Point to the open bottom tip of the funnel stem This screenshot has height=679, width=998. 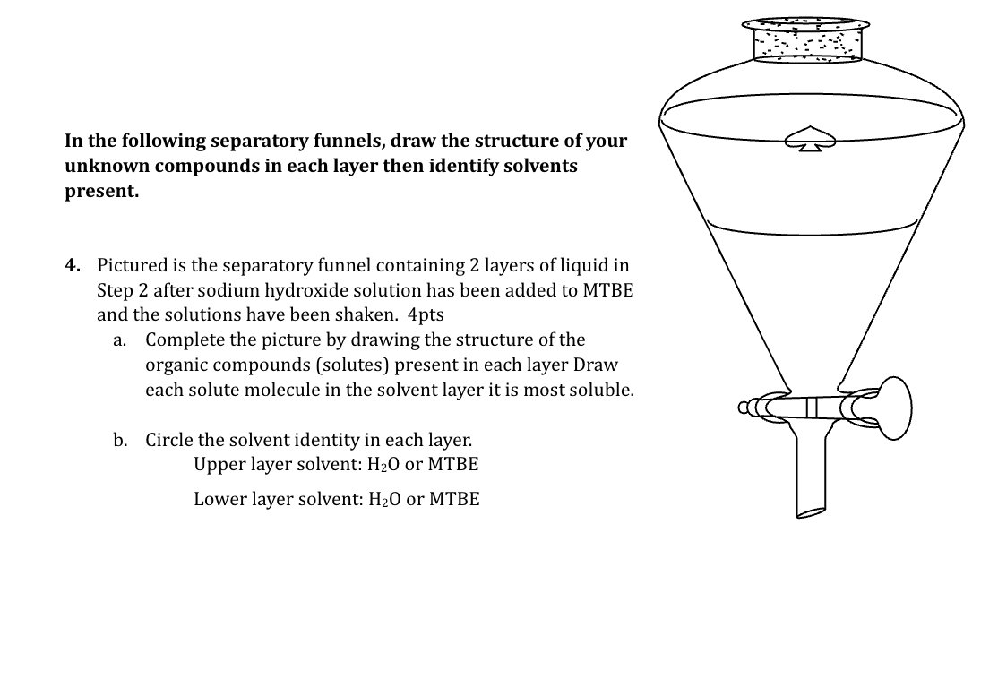pyautogui.click(x=811, y=513)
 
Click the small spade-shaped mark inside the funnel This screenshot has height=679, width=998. pyautogui.click(x=811, y=139)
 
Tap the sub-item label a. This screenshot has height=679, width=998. pyautogui.click(x=118, y=340)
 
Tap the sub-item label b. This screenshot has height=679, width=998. pyautogui.click(x=119, y=440)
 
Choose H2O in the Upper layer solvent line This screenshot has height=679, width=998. pyautogui.click(x=382, y=465)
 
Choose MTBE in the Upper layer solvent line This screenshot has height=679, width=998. pyautogui.click(x=453, y=465)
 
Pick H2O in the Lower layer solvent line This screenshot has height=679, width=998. pyautogui.click(x=382, y=499)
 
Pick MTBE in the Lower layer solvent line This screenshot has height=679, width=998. pyautogui.click(x=454, y=499)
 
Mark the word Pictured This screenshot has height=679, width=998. pyautogui.click(x=133, y=265)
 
